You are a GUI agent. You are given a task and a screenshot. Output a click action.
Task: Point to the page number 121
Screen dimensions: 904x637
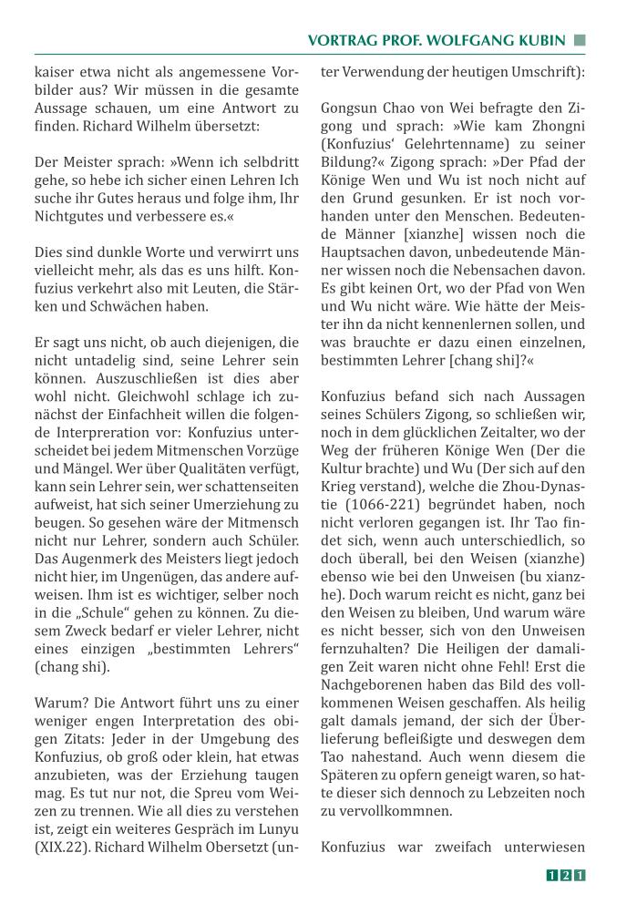(565, 876)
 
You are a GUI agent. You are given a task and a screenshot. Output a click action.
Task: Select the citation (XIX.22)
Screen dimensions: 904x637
(65, 847)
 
